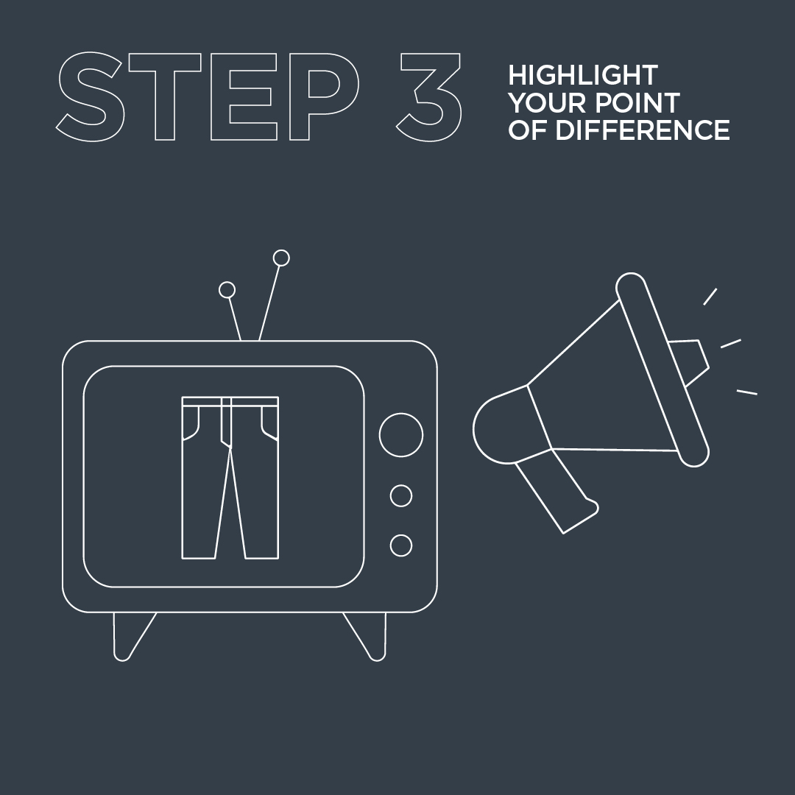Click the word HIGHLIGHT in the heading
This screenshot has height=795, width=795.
(583, 76)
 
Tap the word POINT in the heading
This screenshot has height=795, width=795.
(637, 103)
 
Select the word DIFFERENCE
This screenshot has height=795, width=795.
(643, 130)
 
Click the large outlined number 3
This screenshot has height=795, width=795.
(429, 96)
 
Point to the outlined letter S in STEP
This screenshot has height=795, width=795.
(90, 96)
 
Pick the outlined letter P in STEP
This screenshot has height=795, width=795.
(324, 96)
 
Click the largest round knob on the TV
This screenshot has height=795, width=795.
(401, 435)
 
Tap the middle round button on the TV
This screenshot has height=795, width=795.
(401, 496)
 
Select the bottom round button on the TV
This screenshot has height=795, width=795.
(401, 545)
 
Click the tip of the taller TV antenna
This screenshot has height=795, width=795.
(281, 258)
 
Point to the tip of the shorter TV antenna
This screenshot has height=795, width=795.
(227, 290)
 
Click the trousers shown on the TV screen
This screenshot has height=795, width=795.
(230, 478)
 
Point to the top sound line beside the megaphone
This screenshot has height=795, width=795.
(710, 297)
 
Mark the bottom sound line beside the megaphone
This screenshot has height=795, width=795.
(747, 392)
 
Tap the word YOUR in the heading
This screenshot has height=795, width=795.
(548, 103)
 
